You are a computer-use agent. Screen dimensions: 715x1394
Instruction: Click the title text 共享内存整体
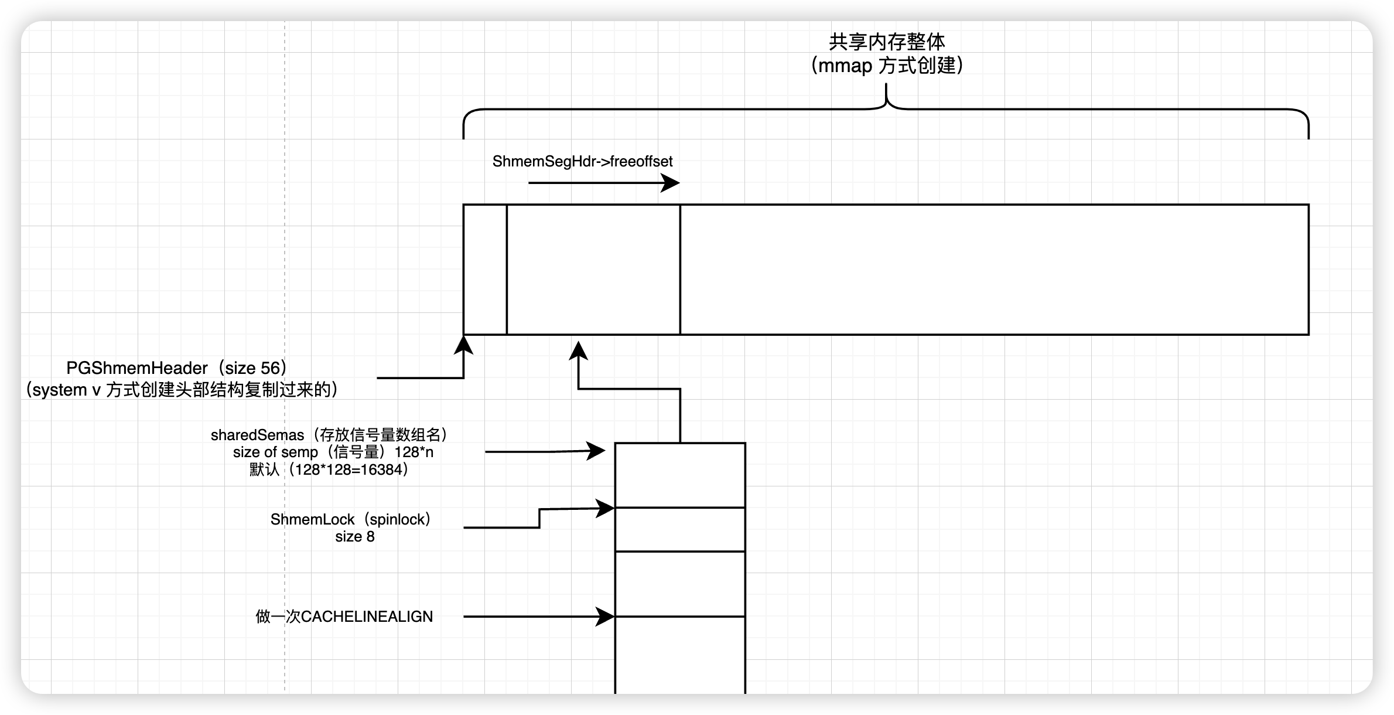click(887, 42)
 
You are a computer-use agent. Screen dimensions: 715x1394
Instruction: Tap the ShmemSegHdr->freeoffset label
click(582, 161)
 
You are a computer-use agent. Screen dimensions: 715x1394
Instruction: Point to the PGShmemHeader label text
click(137, 368)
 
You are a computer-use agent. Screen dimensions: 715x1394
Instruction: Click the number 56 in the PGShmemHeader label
click(271, 368)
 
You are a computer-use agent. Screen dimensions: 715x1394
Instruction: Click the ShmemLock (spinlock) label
click(350, 519)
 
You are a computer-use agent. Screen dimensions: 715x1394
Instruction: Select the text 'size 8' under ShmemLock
click(354, 537)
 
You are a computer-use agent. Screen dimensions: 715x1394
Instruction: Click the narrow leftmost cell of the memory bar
click(485, 270)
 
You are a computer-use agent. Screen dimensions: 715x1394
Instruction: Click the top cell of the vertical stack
click(680, 475)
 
